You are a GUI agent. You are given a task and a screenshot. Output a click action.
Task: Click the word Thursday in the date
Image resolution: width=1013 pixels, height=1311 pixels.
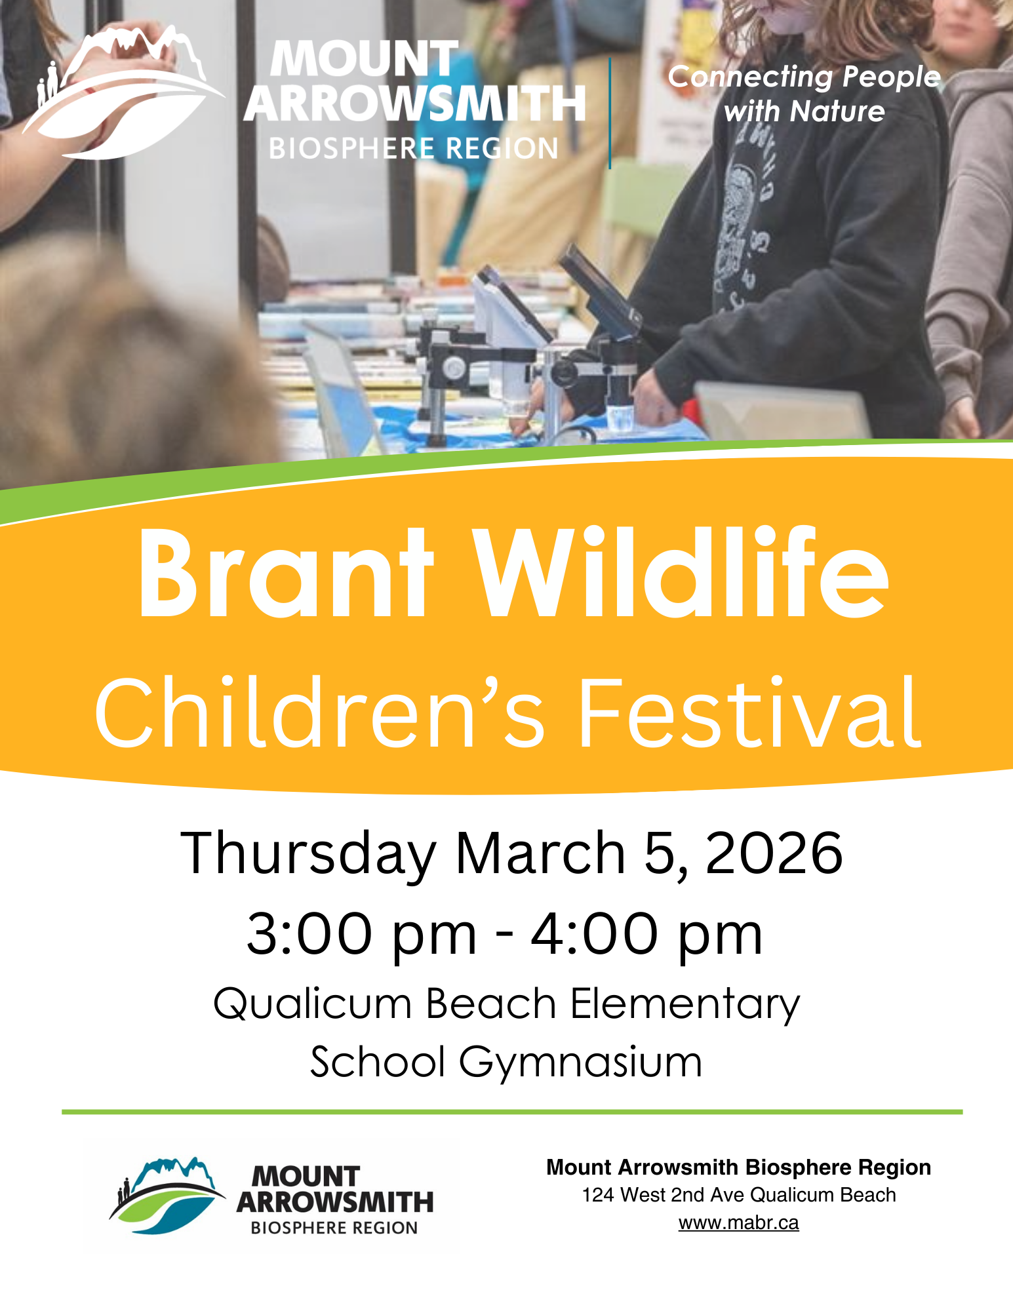point(308,854)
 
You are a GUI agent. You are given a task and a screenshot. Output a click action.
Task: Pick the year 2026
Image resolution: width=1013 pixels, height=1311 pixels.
point(774,853)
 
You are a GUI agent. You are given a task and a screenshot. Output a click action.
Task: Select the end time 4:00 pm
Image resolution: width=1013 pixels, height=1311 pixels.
point(646,934)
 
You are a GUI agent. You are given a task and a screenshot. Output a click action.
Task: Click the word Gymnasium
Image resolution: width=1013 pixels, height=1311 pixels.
point(580,1063)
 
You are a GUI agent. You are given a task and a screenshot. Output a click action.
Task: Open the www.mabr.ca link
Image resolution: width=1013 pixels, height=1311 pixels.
point(738,1223)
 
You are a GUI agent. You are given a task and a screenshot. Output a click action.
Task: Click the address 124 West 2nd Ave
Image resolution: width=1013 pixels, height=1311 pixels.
point(665,1195)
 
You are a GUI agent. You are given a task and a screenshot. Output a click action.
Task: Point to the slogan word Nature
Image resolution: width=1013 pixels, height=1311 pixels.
point(837,111)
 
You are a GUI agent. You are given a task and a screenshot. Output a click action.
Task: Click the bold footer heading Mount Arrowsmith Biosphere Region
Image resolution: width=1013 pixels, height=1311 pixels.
point(738,1167)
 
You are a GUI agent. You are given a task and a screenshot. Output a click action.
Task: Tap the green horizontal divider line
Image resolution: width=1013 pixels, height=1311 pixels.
point(511,1112)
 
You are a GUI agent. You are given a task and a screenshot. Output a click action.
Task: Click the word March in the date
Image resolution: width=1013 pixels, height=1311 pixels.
point(540,853)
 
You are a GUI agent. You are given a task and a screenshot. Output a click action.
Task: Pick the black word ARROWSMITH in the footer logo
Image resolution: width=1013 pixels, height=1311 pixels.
point(335,1203)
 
